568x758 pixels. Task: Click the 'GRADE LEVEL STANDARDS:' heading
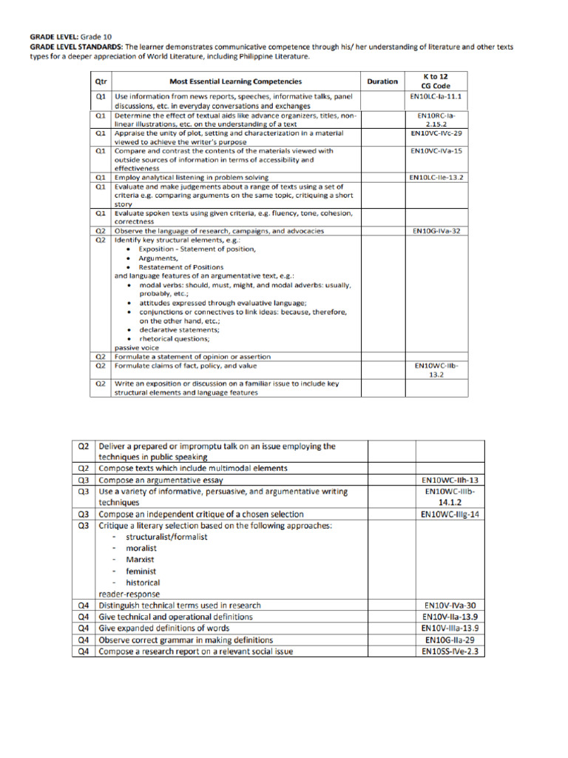click(65, 47)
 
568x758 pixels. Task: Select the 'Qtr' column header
click(101, 81)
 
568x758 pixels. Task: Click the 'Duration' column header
click(382, 81)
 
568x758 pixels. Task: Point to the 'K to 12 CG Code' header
click(436, 81)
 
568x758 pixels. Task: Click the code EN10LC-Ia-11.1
click(436, 97)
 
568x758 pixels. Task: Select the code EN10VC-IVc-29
click(436, 133)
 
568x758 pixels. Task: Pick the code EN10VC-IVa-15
click(436, 151)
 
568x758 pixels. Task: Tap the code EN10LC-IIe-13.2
click(436, 178)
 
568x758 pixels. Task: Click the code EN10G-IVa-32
click(436, 232)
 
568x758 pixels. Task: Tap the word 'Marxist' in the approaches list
click(140, 560)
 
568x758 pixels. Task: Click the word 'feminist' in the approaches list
click(141, 571)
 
